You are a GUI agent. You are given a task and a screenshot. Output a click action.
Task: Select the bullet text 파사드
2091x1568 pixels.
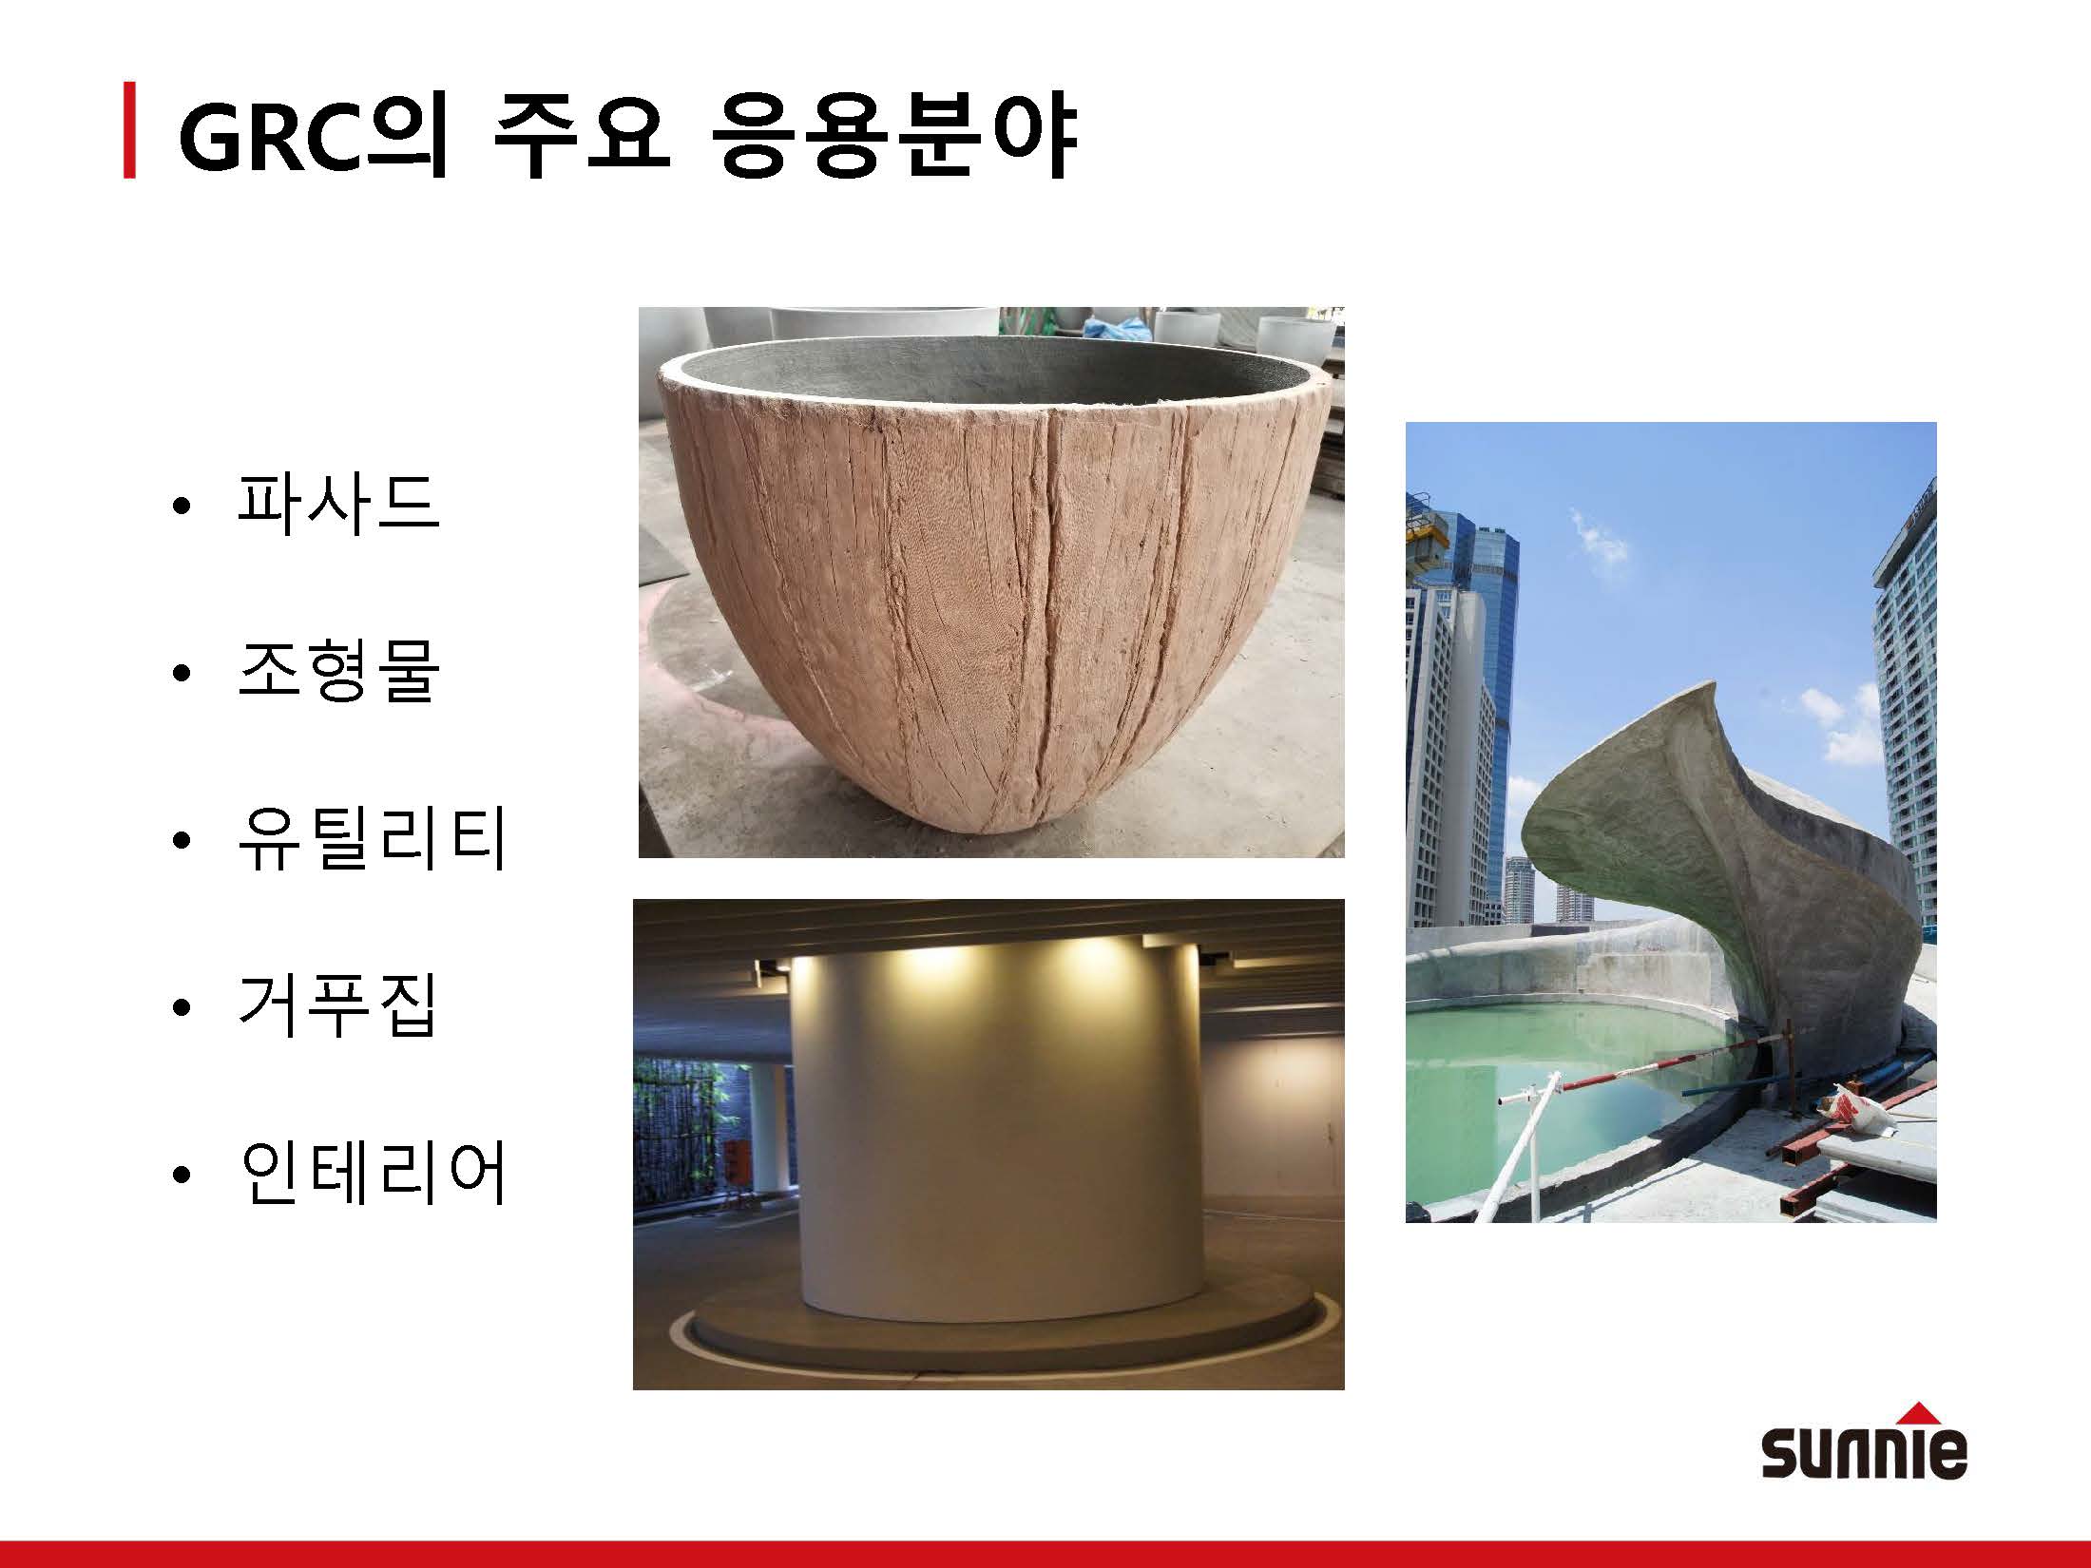pos(338,503)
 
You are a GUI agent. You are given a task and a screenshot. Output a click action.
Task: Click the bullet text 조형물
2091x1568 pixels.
pos(338,671)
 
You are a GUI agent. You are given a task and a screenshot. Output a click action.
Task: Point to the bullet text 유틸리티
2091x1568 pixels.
pos(373,838)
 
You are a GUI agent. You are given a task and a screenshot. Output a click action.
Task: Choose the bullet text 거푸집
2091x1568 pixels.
pos(338,1005)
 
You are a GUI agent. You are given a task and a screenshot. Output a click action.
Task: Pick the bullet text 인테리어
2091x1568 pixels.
pos(373,1173)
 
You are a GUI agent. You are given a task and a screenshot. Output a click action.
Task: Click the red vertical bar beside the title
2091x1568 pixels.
pos(129,131)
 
